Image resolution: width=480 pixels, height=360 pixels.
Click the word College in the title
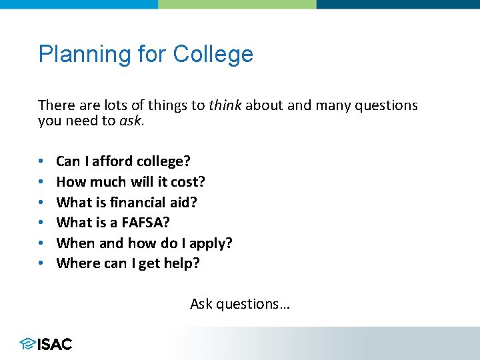[213, 54]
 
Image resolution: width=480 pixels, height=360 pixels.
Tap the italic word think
[225, 105]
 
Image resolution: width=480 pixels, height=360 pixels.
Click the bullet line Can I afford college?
[123, 161]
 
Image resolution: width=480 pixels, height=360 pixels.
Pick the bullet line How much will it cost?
[131, 182]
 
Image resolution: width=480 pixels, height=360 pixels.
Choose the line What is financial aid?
[127, 202]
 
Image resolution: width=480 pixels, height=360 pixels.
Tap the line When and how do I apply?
[144, 243]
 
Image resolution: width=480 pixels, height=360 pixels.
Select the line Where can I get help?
[128, 263]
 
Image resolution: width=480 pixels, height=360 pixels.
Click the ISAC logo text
[55, 344]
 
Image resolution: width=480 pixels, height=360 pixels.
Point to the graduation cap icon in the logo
[27, 344]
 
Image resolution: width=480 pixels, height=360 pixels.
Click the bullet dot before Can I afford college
[41, 162]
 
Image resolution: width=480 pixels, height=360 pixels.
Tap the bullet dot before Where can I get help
[41, 264]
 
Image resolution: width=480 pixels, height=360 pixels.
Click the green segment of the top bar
[237, 4]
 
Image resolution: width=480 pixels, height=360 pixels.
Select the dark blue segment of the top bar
[398, 4]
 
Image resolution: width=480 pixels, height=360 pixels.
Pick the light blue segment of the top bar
[79, 4]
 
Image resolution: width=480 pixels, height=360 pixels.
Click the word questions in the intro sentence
[387, 105]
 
